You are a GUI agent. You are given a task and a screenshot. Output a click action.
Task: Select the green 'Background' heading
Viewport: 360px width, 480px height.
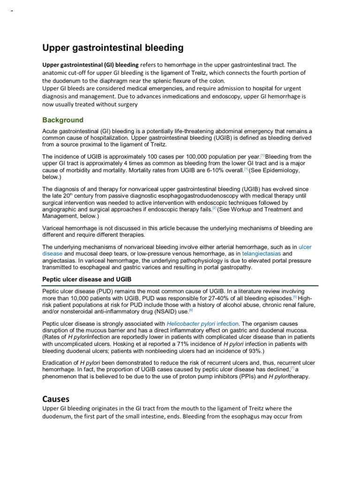[x=63, y=120]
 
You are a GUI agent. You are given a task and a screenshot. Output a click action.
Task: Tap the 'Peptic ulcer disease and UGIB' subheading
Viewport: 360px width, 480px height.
[x=87, y=279]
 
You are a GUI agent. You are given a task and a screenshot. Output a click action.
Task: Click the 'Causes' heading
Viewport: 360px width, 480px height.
[x=56, y=399]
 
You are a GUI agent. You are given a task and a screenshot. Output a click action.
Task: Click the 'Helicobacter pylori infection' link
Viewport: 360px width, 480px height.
[x=202, y=323]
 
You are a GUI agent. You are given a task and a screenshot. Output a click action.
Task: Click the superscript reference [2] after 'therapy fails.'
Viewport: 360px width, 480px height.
[x=214, y=208]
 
